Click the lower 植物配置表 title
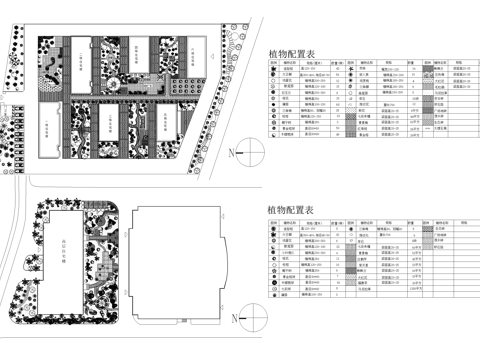tap(291, 210)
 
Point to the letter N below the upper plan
tap(230, 153)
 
